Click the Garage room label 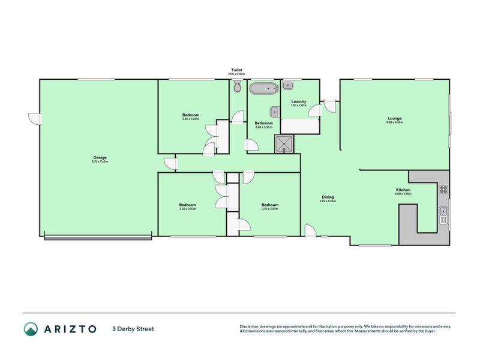click(x=99, y=157)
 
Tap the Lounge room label click(x=394, y=118)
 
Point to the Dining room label click(x=328, y=197)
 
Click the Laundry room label click(x=299, y=101)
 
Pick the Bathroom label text click(x=263, y=123)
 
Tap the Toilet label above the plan click(x=236, y=70)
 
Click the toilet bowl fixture click(x=237, y=87)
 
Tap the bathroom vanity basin click(x=274, y=111)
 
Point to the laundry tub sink click(x=287, y=85)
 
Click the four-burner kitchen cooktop click(x=443, y=190)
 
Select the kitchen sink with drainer click(x=443, y=214)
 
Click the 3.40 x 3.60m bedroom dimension click(x=191, y=119)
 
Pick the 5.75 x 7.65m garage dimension click(x=99, y=161)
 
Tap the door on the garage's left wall click(x=34, y=118)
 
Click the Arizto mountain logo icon click(x=31, y=329)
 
